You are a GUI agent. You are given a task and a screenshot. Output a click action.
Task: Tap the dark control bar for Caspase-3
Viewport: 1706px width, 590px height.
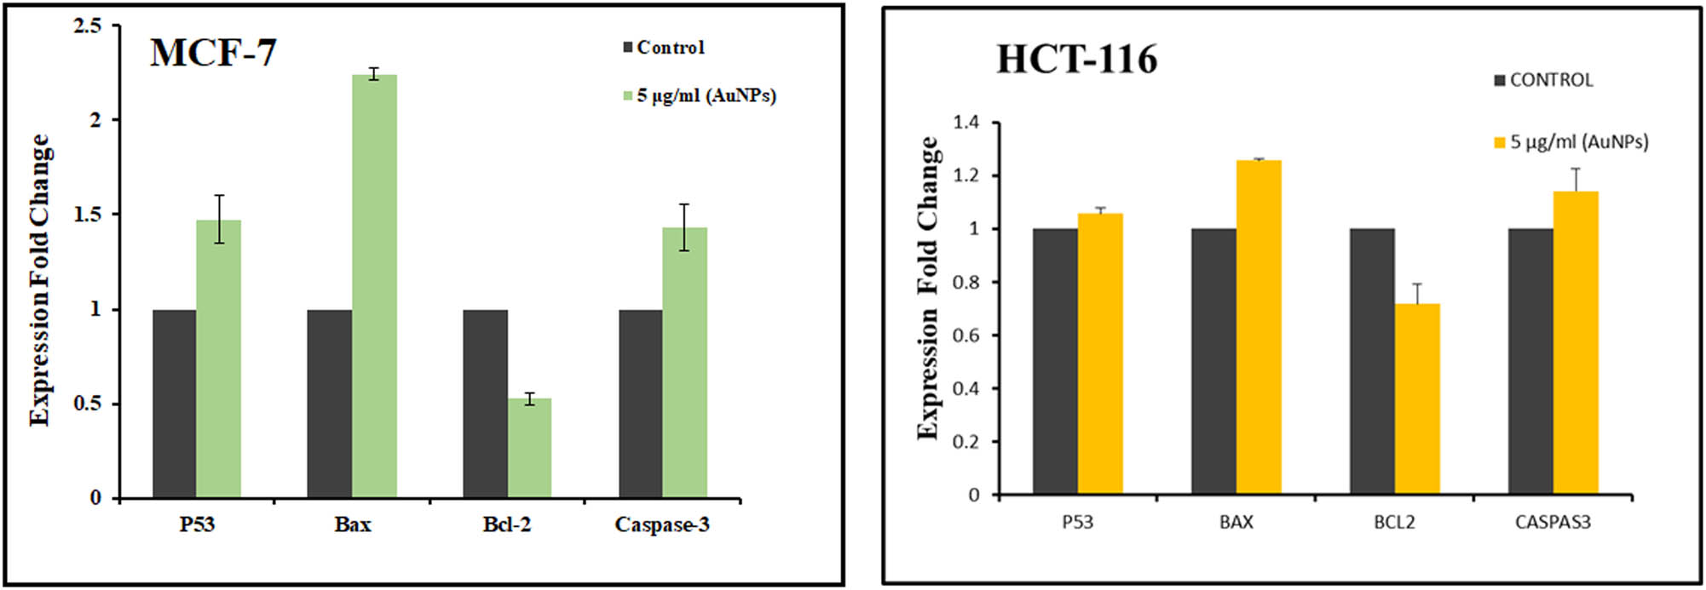point(640,404)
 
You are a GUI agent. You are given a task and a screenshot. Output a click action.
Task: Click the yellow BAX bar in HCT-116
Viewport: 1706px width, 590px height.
point(1259,327)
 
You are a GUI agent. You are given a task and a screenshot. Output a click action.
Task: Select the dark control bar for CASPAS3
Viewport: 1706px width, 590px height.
point(1530,361)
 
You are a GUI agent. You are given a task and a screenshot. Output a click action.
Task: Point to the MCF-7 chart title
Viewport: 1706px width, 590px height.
point(213,53)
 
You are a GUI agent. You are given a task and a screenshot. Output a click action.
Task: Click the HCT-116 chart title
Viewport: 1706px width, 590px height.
point(1076,60)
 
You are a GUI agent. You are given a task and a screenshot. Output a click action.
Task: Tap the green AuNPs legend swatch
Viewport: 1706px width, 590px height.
point(628,95)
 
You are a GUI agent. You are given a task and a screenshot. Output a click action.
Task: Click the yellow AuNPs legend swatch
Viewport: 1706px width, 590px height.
point(1500,142)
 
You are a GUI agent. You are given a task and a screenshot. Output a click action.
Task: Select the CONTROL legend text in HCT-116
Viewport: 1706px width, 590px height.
point(1551,80)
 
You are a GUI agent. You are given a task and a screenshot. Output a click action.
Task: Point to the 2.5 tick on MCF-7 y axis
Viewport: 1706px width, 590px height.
point(87,26)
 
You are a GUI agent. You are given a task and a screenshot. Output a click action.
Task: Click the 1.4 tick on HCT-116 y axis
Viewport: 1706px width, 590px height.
point(965,123)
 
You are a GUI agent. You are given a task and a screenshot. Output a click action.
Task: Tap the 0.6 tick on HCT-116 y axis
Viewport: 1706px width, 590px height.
point(965,335)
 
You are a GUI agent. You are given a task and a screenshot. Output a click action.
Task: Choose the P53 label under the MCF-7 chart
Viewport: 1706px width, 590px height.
point(197,524)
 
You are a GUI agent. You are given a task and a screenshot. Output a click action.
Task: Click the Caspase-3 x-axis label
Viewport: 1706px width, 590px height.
point(662,524)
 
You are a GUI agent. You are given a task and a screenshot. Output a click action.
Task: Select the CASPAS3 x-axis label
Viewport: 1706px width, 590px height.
point(1553,522)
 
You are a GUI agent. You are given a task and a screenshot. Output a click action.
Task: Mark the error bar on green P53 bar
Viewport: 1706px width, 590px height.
point(219,219)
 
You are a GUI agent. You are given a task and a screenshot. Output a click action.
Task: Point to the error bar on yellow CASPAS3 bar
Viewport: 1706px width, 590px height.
point(1576,180)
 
